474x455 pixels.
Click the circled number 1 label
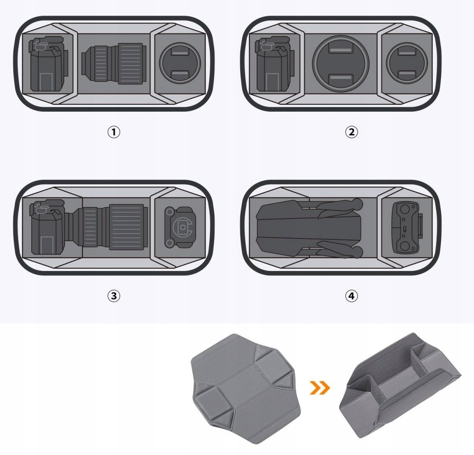[x=113, y=132]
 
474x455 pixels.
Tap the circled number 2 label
[x=351, y=132]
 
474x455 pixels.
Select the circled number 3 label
[x=113, y=296]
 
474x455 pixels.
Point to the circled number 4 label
[x=351, y=296]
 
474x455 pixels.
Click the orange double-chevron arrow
[x=320, y=387]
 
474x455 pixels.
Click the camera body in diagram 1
[x=48, y=64]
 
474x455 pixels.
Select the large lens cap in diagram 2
[x=341, y=64]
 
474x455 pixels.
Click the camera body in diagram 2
[x=275, y=64]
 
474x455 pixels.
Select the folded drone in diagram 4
[x=309, y=228]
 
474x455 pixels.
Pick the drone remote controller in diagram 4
[x=407, y=227]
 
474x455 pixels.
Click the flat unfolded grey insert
[x=246, y=388]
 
